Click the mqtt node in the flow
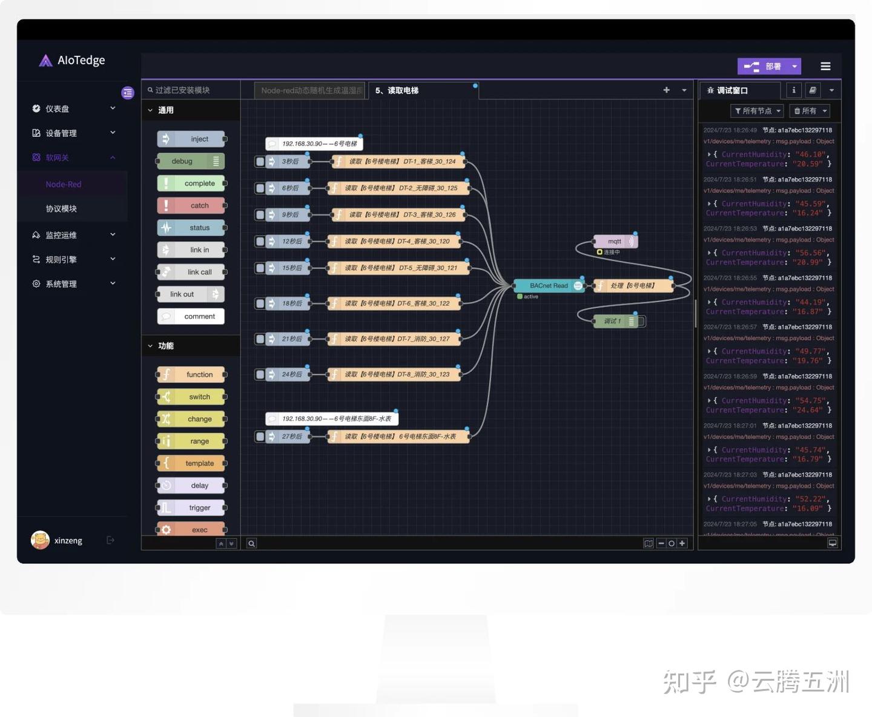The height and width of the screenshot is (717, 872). (614, 241)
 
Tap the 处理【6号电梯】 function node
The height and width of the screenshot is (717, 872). (633, 286)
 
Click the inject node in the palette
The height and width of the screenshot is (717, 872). (191, 139)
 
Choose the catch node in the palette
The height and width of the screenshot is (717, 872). (191, 206)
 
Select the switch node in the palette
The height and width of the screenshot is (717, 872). (191, 397)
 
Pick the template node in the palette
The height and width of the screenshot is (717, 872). (191, 464)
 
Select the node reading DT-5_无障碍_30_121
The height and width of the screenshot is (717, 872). (399, 268)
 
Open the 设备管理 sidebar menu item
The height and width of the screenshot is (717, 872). (61, 133)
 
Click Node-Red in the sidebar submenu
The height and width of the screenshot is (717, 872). (64, 184)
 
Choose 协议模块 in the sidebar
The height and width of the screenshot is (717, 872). (61, 209)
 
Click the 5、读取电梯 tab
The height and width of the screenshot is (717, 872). (397, 91)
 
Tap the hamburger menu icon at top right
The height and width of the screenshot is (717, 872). (825, 67)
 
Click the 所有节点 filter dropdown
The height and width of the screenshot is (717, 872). (757, 111)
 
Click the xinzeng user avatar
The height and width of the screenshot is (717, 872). (40, 540)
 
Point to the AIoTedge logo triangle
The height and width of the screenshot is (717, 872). (45, 61)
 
